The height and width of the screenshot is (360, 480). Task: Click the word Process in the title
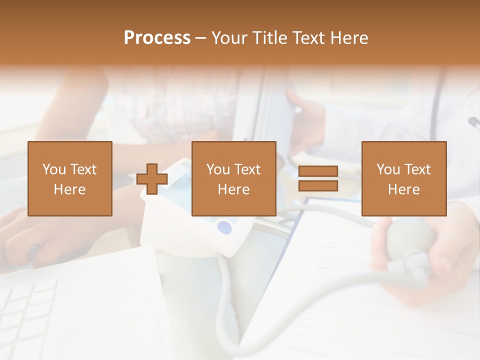[x=157, y=38]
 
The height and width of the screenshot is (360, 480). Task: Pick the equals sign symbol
[x=318, y=179]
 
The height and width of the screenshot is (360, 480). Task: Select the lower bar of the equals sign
[x=318, y=186]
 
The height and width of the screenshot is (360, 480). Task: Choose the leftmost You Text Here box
[x=69, y=178]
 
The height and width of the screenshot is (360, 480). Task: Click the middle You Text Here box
[x=233, y=178]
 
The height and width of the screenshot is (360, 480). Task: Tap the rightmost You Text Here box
[x=403, y=178]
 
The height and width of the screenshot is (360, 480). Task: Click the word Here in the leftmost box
[x=69, y=189]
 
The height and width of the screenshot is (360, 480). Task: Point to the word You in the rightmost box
[x=388, y=169]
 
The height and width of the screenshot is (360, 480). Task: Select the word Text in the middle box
[x=247, y=169]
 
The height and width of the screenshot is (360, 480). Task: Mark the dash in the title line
[x=200, y=38]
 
